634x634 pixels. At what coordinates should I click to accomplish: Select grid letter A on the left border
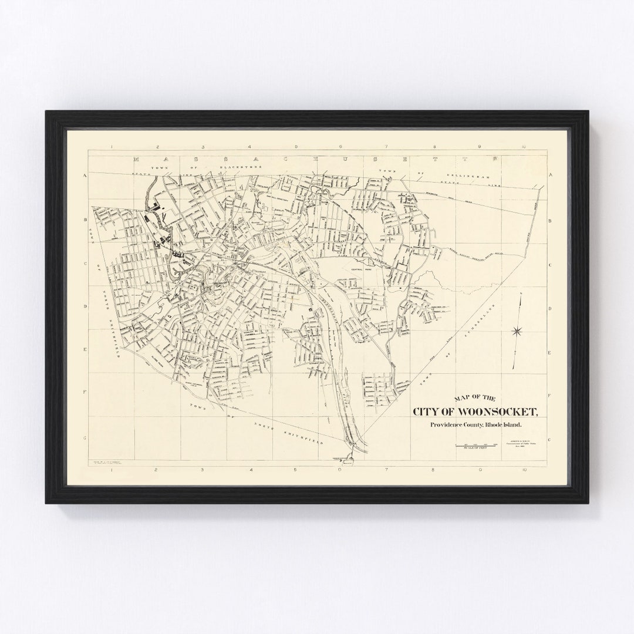point(85,176)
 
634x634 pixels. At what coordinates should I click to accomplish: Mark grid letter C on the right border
point(549,264)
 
